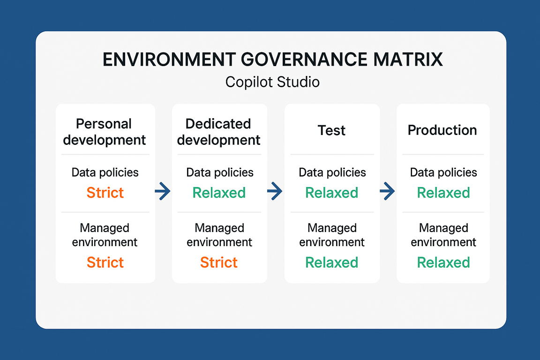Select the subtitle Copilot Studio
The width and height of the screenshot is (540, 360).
[x=272, y=82]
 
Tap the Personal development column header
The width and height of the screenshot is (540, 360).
[x=105, y=132]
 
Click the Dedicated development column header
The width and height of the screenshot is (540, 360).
[x=218, y=132]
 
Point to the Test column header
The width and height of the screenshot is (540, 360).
[x=331, y=130]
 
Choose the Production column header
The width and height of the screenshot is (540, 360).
[x=442, y=130]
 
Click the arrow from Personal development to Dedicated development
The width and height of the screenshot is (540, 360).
[x=163, y=191]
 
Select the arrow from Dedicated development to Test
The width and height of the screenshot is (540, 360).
[x=275, y=191]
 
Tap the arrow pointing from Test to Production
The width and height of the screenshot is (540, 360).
[x=388, y=191]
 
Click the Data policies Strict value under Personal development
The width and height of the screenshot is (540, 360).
[x=105, y=193]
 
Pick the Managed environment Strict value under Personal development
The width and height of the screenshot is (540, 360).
[x=105, y=262]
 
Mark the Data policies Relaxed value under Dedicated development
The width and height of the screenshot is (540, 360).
[x=219, y=193]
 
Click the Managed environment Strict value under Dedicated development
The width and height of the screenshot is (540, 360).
[x=219, y=262]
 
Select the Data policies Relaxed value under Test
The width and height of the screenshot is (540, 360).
[x=332, y=193]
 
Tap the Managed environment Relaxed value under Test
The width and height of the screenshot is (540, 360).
[x=332, y=262]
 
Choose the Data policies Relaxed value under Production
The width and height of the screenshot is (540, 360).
[x=443, y=193]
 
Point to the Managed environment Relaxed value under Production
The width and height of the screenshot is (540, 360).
[x=443, y=262]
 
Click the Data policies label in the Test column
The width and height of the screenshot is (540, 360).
[x=332, y=172]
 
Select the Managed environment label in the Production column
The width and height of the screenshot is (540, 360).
[x=443, y=235]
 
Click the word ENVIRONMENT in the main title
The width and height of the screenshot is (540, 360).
[x=169, y=59]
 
